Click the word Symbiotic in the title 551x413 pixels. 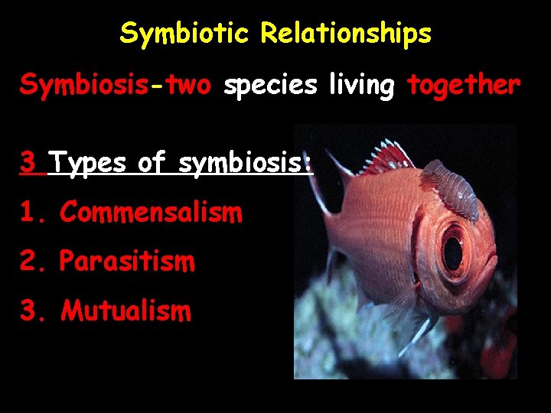(x=186, y=34)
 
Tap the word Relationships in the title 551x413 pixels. (x=346, y=34)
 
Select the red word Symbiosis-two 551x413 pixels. (x=116, y=86)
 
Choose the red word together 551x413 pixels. (x=464, y=86)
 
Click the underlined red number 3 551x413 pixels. (x=28, y=162)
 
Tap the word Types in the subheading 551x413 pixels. (x=90, y=163)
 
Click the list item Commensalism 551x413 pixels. (x=151, y=212)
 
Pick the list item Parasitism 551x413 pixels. (x=127, y=262)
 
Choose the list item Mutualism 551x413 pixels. (x=126, y=311)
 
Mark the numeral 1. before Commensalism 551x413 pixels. (x=34, y=212)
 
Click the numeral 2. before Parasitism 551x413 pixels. (x=34, y=262)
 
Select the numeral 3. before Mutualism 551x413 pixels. (x=34, y=311)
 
